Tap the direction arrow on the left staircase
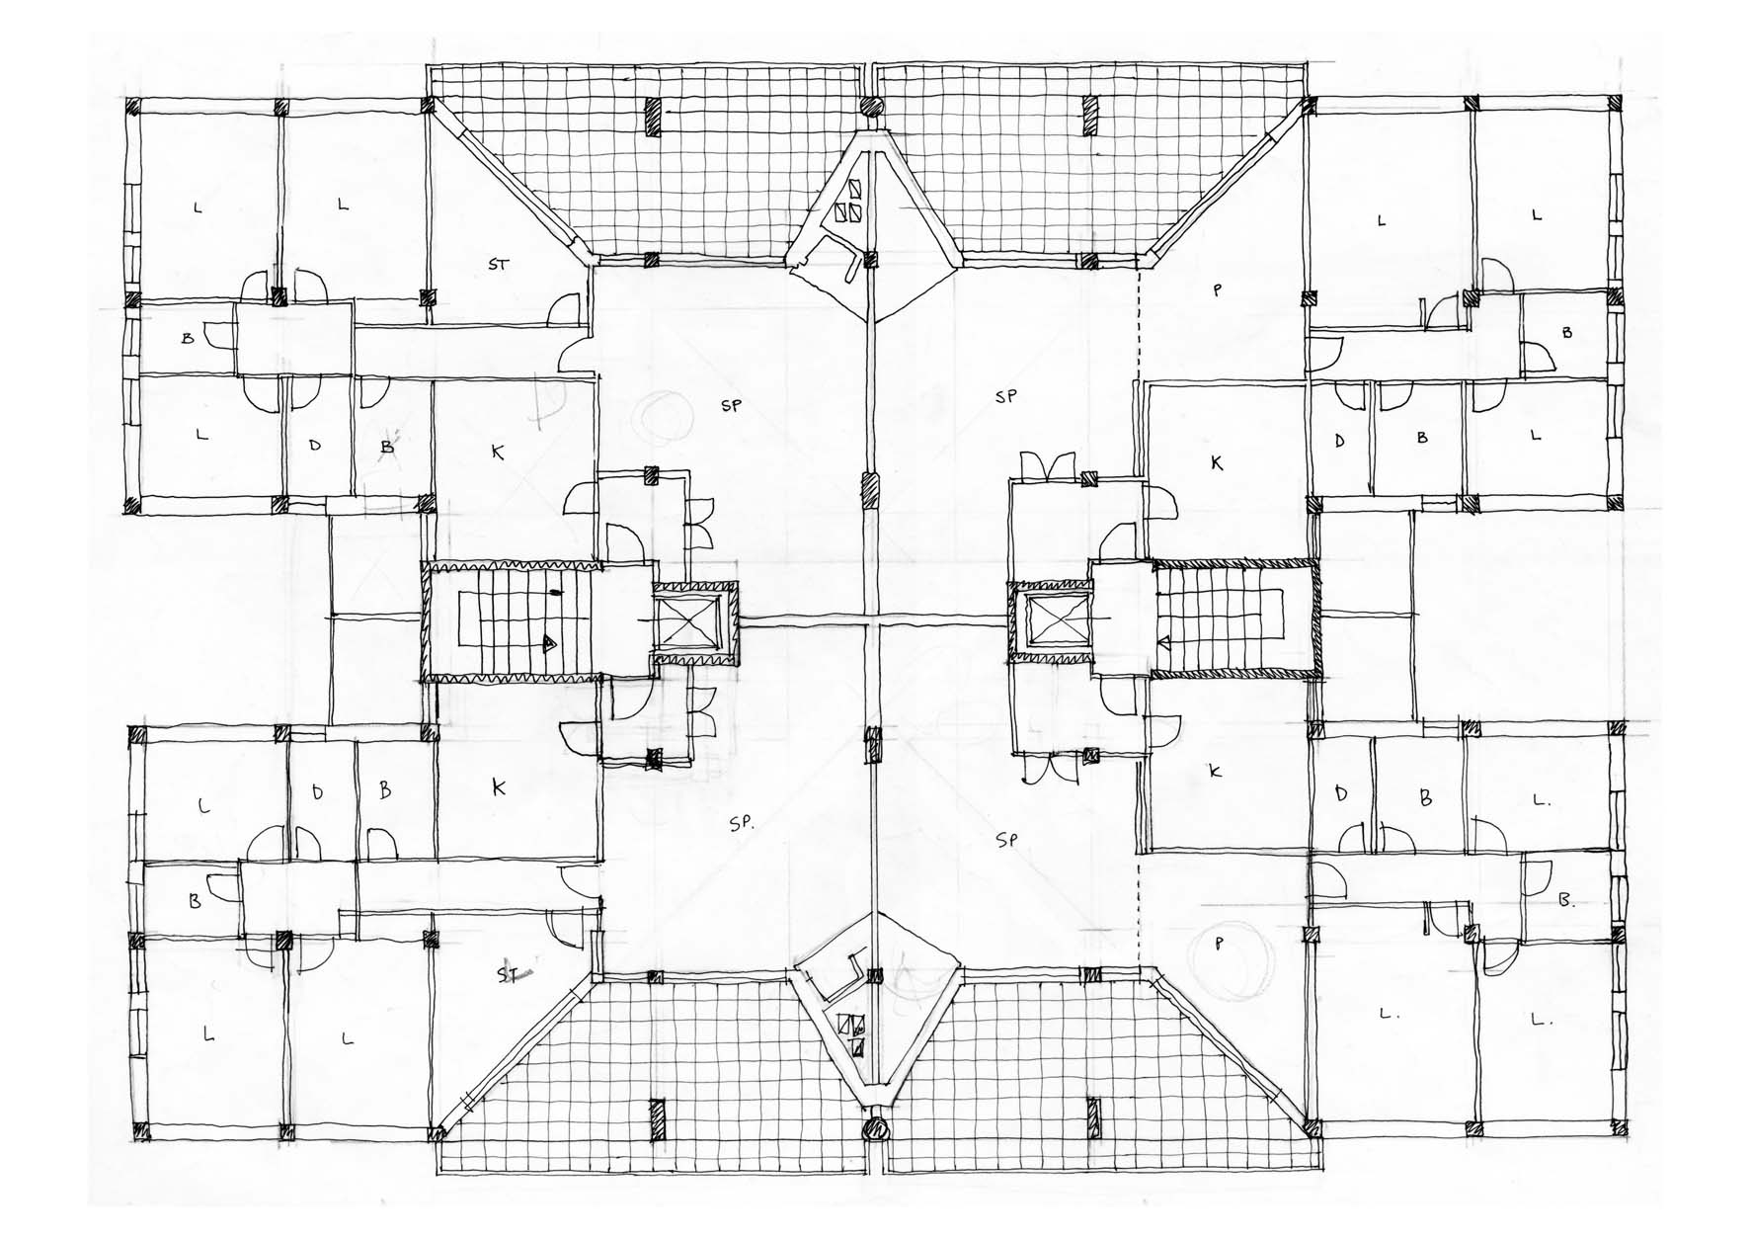547,643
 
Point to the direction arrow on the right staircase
1164,643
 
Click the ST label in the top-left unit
499,264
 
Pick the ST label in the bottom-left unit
508,974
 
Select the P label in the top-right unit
1217,289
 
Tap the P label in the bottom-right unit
1219,944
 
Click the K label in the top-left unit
498,452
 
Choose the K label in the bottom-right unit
1216,771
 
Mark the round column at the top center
871,107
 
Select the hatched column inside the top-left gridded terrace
653,118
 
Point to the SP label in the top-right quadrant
1005,397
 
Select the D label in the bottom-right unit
1340,793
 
